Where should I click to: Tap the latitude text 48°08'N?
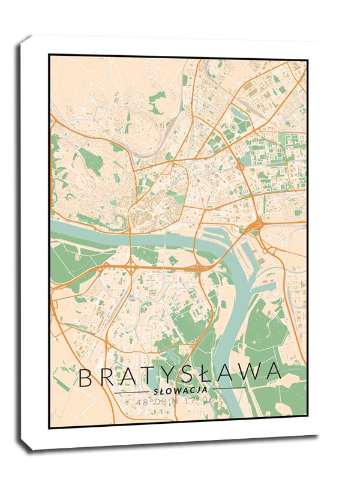[x=154, y=402]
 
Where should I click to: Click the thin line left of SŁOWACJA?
[x=132, y=391]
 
